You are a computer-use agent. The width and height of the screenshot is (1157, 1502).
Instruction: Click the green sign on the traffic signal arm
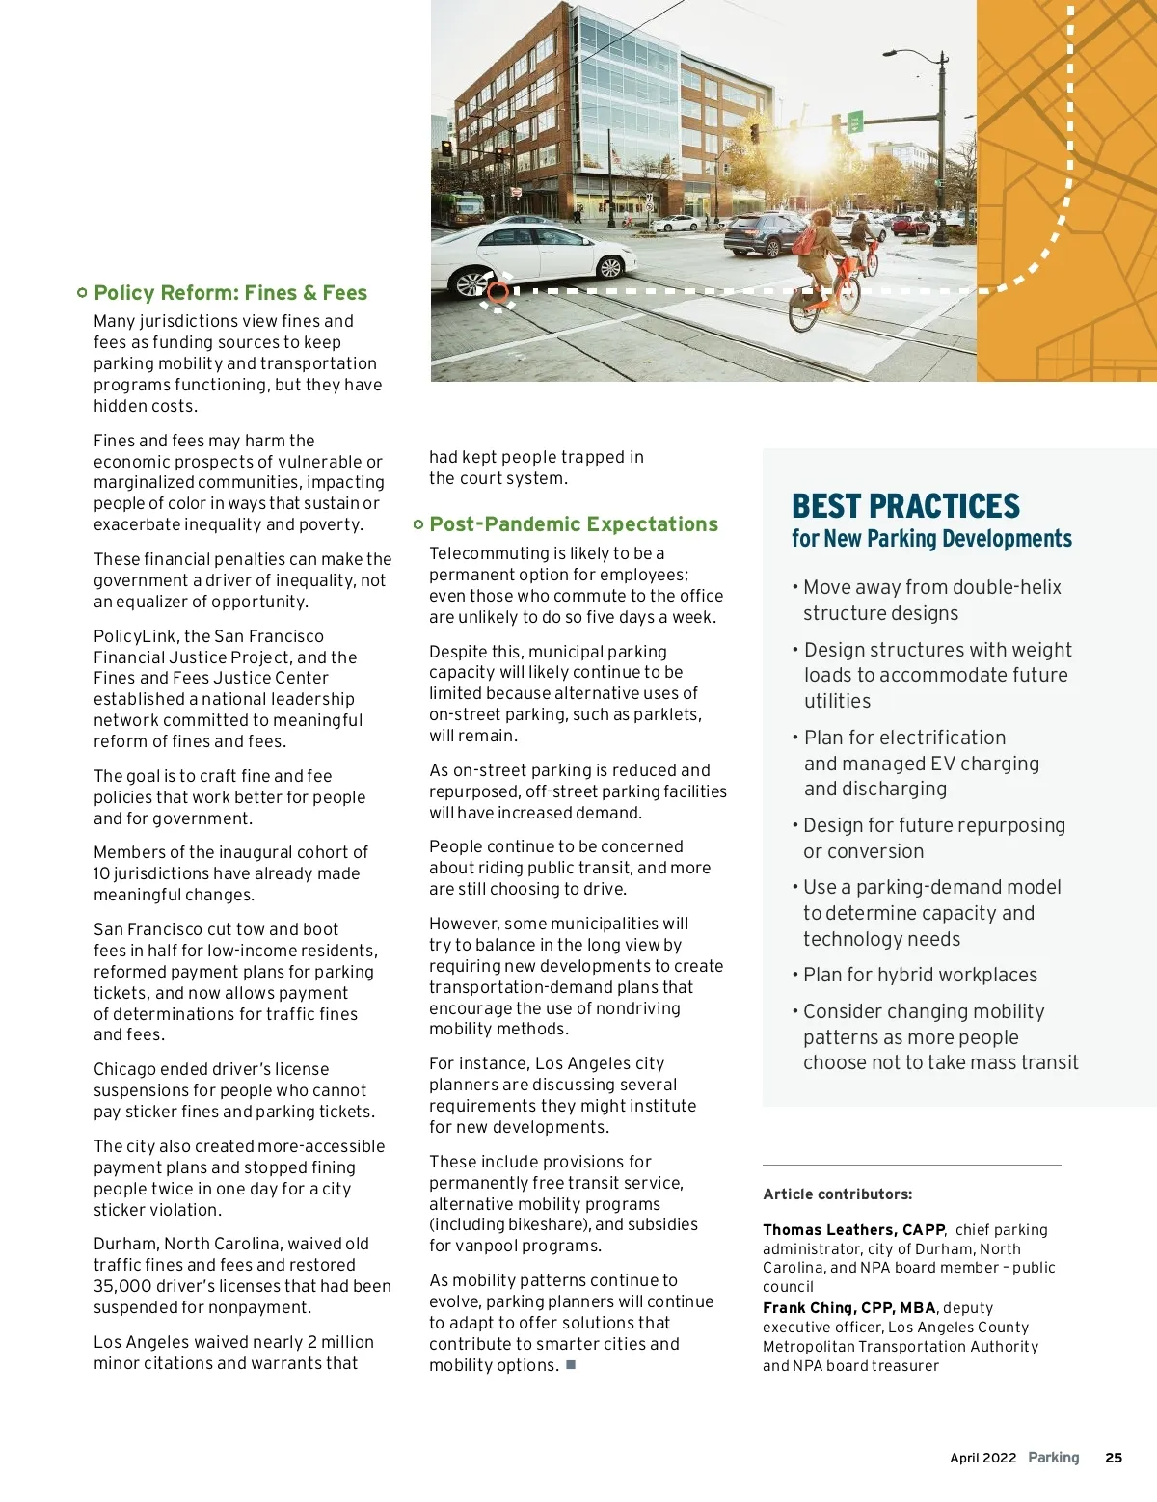point(854,122)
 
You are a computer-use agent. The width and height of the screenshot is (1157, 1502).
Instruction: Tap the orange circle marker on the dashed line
point(498,291)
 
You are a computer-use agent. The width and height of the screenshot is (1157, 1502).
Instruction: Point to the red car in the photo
point(910,225)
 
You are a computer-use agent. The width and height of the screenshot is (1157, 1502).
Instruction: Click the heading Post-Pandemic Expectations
point(574,524)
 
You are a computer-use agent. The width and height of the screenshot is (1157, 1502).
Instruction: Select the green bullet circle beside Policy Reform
point(82,292)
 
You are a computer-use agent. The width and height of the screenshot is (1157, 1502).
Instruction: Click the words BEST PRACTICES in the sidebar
point(905,506)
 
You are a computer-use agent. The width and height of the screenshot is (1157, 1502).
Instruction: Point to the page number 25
point(1114,1458)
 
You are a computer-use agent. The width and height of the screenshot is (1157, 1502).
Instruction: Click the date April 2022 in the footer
point(982,1458)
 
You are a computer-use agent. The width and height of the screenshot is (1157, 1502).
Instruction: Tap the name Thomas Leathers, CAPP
point(853,1230)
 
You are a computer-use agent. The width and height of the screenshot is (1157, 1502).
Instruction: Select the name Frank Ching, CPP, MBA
point(848,1308)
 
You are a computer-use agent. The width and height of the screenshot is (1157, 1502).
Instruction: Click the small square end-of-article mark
point(571,1364)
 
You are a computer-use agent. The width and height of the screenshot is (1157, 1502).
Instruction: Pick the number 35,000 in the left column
point(121,1286)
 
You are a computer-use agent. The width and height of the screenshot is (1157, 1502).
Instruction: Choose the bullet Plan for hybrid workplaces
point(920,975)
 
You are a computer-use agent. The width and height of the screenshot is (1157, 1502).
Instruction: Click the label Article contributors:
point(837,1194)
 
